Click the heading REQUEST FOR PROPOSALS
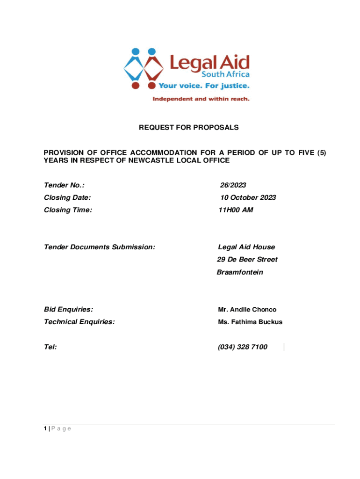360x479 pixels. coord(188,127)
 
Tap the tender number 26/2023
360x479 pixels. coord(233,185)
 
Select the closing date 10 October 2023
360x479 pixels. coord(248,197)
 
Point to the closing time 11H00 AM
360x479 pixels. coord(236,210)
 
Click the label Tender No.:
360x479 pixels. coord(64,185)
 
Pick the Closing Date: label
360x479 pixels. coord(67,197)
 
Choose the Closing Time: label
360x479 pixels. coord(68,210)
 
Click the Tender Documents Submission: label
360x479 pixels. coord(99,247)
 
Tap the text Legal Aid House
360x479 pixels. coord(246,247)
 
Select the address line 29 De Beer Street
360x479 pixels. coord(247,260)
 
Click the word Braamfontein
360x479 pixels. coord(240,272)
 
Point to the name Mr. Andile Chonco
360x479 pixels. coord(247,310)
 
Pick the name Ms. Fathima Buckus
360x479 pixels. coord(250,322)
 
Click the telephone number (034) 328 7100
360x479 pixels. coord(243,347)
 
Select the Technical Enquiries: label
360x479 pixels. coord(79,322)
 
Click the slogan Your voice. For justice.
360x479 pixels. coord(204,86)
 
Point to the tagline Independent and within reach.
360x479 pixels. coord(201,99)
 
